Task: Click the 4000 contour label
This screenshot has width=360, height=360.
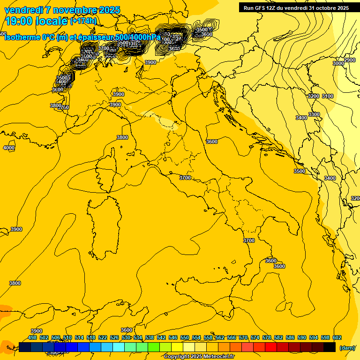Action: [9, 148]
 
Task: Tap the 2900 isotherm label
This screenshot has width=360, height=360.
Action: [350, 60]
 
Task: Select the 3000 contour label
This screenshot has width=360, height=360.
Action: [338, 63]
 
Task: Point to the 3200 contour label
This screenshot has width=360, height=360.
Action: [314, 96]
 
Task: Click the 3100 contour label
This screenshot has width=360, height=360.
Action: [328, 96]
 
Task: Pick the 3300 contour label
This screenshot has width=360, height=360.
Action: [314, 115]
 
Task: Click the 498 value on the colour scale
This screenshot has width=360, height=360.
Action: [32, 337]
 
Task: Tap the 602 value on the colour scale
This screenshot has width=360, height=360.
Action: [337, 337]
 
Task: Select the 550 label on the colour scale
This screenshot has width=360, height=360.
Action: [185, 337]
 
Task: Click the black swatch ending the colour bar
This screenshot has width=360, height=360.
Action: [330, 347]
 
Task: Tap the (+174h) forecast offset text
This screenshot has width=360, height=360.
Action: [83, 21]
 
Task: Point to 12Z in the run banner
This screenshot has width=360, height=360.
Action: [272, 8]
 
